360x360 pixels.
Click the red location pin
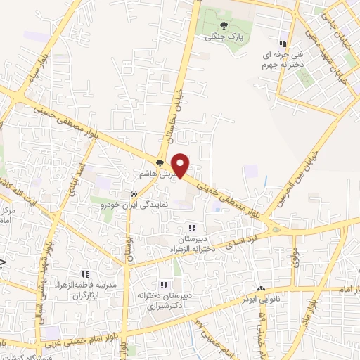coord(181,165)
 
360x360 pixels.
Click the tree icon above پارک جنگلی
coord(224,25)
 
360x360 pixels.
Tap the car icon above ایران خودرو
coord(133,193)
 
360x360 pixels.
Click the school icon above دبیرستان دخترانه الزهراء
coord(191,228)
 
